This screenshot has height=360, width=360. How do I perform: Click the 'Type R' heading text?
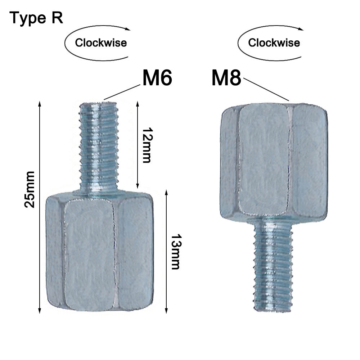tap(36, 18)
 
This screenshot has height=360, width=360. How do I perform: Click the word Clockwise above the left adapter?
tap(101, 43)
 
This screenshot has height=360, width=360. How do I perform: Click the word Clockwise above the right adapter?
tap(274, 43)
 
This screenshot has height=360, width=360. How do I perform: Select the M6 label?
tap(157, 78)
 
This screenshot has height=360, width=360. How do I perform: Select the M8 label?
tap(226, 78)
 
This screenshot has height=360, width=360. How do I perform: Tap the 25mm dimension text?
tap(30, 189)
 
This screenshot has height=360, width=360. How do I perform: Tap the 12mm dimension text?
tap(146, 145)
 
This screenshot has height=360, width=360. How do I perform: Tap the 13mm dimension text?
tap(175, 252)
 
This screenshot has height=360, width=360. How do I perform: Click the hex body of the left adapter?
tap(99, 252)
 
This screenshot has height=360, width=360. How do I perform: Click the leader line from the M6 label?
tap(122, 92)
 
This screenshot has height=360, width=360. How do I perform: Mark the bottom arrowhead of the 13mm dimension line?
tap(166, 310)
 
